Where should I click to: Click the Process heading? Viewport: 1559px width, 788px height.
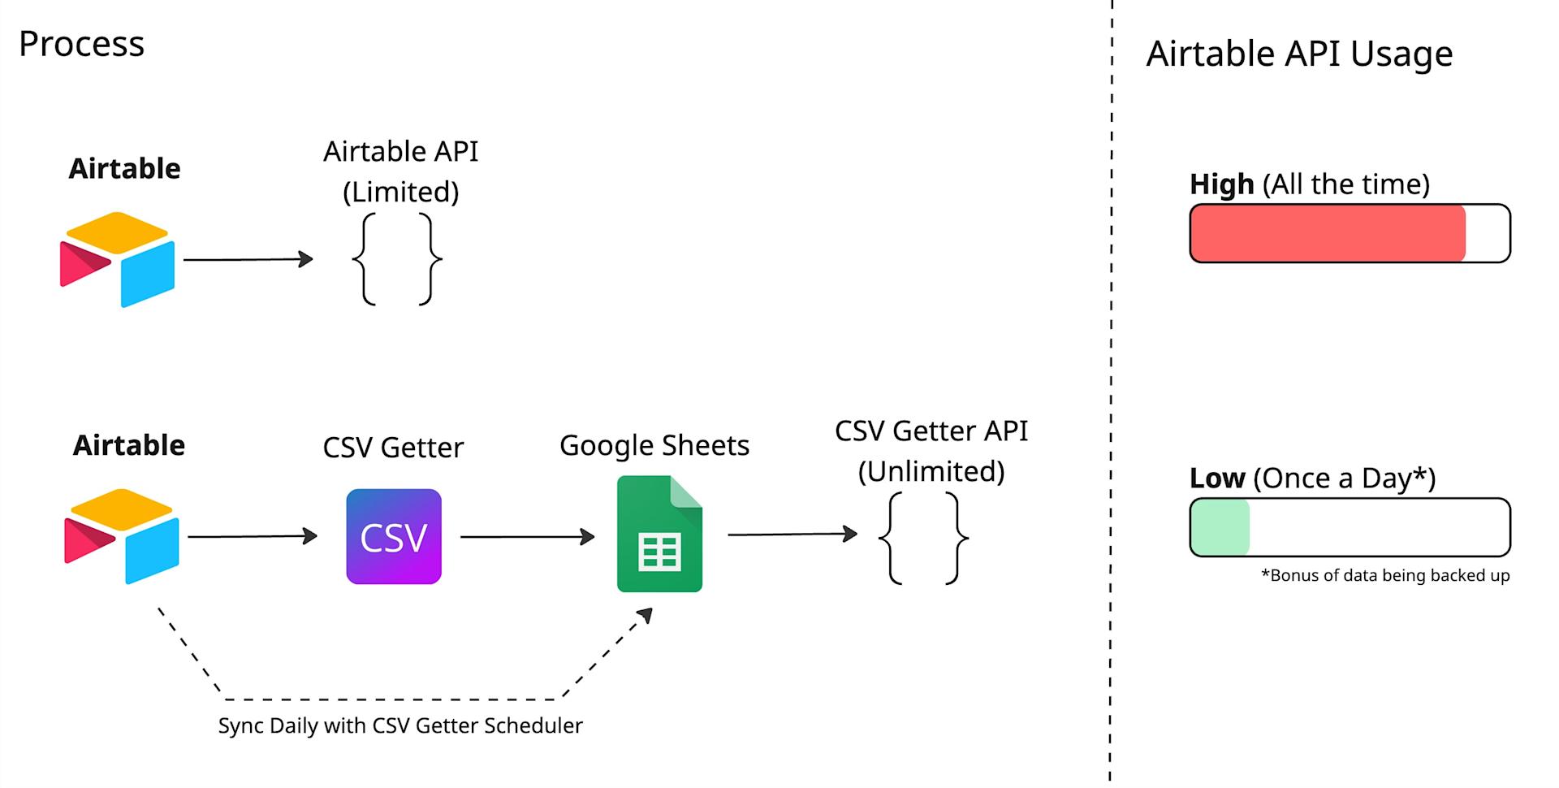click(81, 44)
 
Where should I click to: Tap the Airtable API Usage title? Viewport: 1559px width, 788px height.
click(1298, 54)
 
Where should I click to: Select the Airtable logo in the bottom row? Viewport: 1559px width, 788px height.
click(122, 536)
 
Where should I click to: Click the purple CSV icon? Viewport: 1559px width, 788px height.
click(394, 536)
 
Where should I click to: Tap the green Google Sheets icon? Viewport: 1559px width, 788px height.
click(659, 534)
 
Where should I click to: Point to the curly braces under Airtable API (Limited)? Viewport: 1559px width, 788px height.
click(397, 259)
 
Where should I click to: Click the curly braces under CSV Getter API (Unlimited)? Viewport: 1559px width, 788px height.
click(923, 538)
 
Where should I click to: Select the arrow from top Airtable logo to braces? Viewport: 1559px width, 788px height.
click(248, 259)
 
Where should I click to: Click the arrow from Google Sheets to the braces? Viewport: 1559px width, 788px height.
click(792, 535)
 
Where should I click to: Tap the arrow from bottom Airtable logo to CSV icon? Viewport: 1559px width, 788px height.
click(252, 536)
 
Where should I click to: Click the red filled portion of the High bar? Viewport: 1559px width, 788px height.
click(1328, 234)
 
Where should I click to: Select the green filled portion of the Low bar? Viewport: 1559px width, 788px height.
click(1220, 527)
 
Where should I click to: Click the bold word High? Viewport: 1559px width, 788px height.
click(1221, 184)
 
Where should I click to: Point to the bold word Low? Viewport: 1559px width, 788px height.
click(1216, 478)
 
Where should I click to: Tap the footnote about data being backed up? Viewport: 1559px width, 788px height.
click(1384, 576)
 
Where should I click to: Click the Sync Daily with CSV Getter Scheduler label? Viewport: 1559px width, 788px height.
click(400, 725)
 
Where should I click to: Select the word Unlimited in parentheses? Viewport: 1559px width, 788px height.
click(931, 472)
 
